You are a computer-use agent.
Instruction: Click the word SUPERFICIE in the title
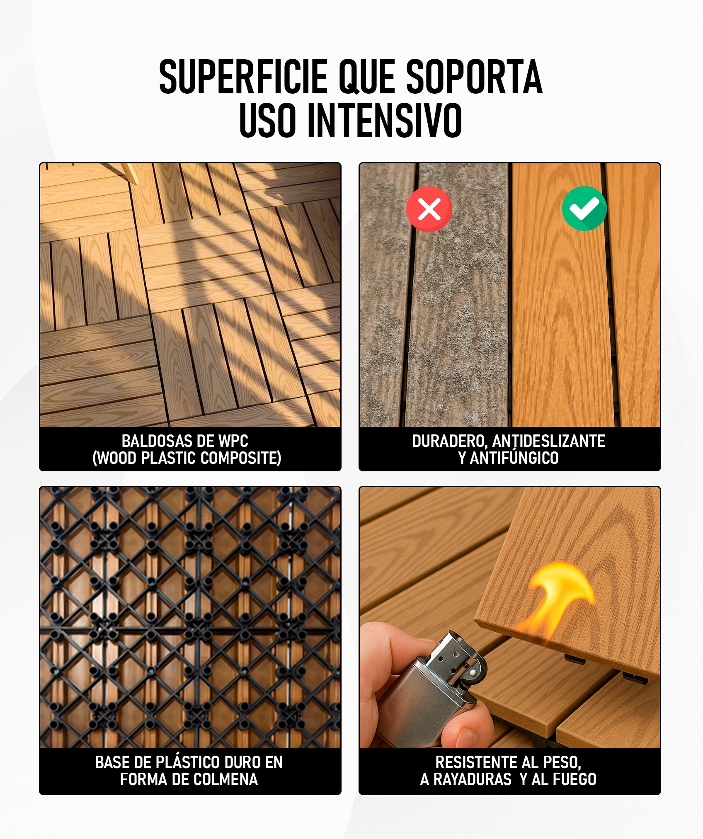[243, 77]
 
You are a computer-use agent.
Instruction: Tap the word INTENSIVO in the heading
[384, 120]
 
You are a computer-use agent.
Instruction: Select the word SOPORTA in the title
[474, 77]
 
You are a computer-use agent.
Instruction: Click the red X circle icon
[429, 209]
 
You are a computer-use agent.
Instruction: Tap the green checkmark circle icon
[584, 208]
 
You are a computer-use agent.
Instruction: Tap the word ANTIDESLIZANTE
[549, 441]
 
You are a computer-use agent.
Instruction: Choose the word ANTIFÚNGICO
[514, 458]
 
